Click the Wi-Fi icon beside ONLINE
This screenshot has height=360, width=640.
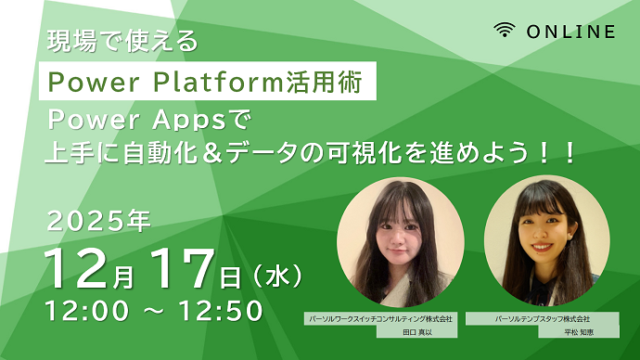pyautogui.click(x=505, y=31)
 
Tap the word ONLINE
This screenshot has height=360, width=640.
pyautogui.click(x=570, y=32)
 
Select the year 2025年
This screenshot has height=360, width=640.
pyautogui.click(x=97, y=223)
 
